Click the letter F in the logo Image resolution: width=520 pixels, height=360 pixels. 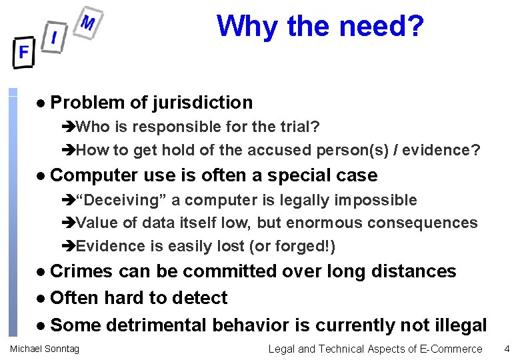[x=23, y=52]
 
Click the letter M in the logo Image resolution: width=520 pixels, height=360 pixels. [x=87, y=23]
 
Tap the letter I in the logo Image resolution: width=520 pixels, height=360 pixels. [x=54, y=37]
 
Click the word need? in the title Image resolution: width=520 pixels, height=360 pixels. [x=381, y=27]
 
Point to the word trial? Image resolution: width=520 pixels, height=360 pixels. [x=297, y=127]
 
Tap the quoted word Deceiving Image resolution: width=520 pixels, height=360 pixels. [x=129, y=200]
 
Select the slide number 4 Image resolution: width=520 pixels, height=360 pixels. [x=507, y=349]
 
